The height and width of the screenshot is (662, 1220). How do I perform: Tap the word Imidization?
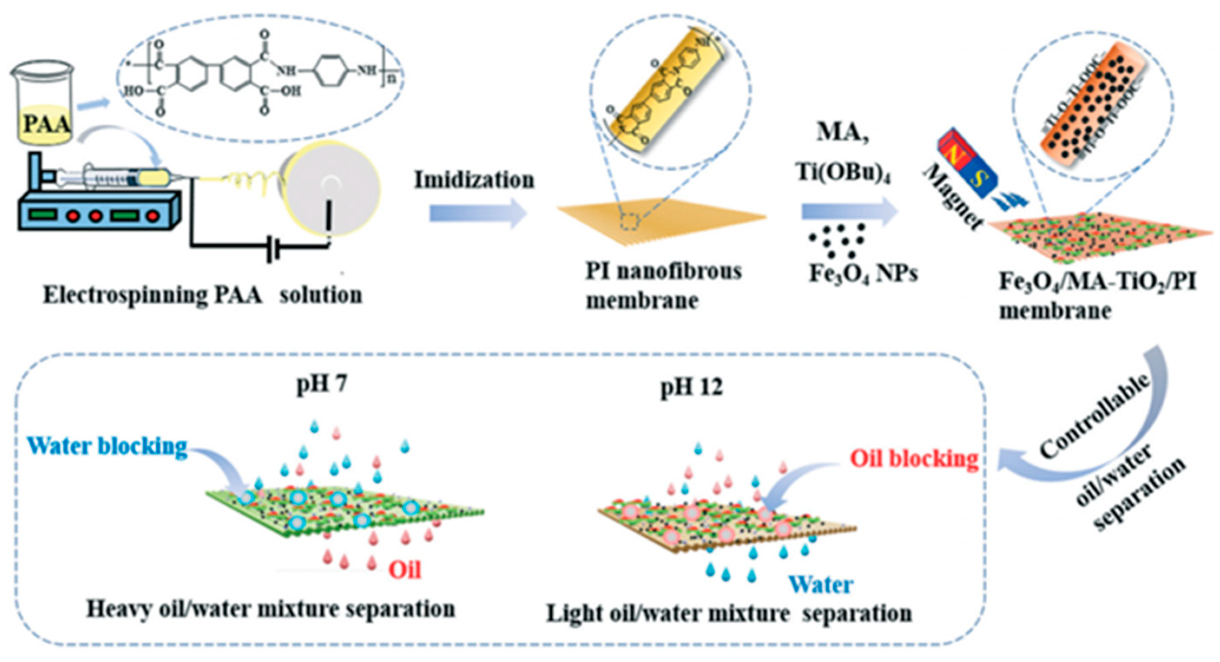tap(474, 180)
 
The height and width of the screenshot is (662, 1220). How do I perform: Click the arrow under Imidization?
tap(478, 214)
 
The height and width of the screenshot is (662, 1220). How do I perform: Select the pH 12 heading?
tap(692, 387)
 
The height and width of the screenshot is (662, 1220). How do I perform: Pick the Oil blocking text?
tap(914, 458)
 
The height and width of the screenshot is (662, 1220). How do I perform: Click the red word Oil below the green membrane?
tap(405, 570)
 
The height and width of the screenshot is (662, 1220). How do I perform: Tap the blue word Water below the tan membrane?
tap(821, 585)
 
